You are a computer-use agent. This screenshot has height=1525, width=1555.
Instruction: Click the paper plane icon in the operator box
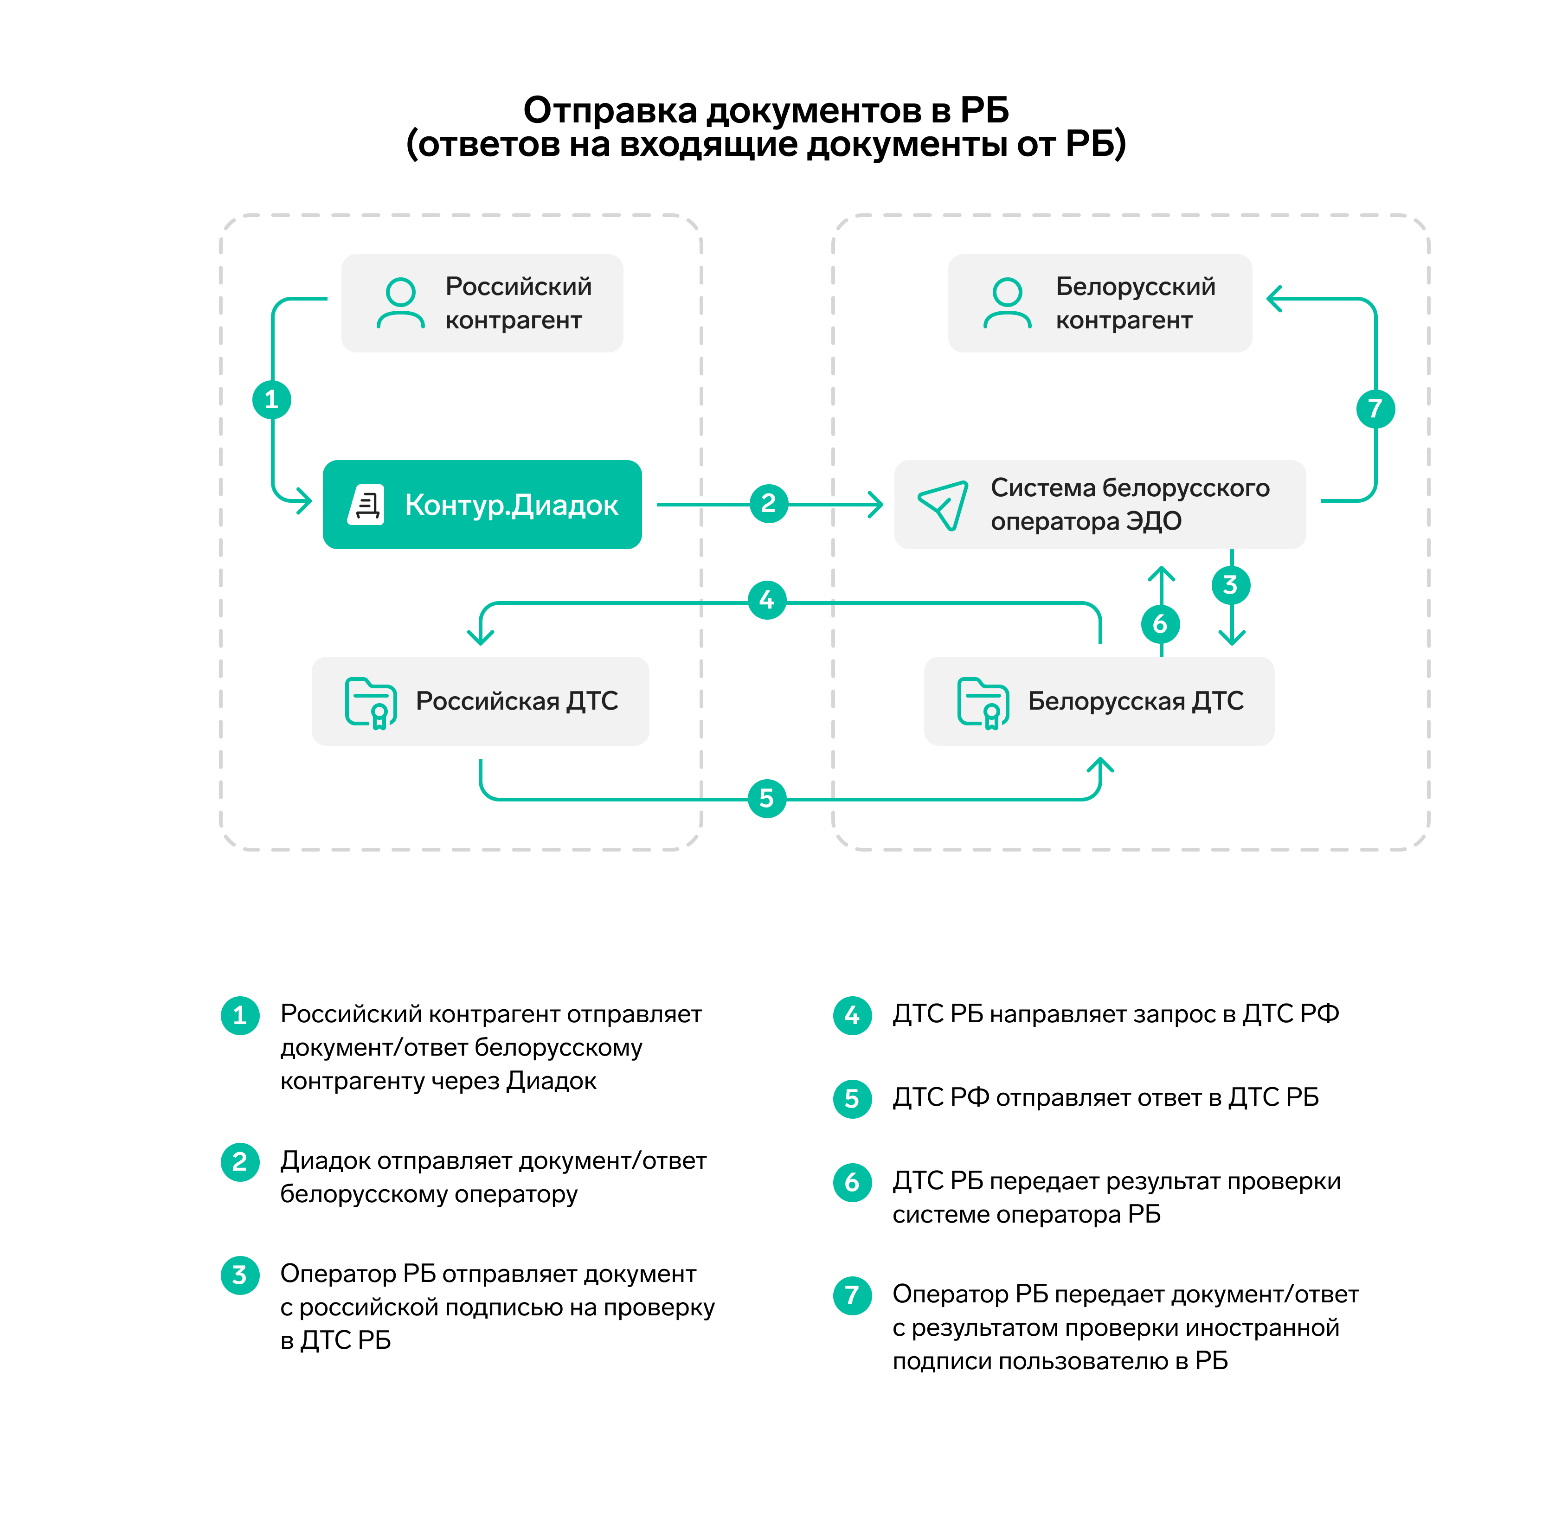click(943, 505)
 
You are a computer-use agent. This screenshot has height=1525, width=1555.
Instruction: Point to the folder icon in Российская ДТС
click(370, 702)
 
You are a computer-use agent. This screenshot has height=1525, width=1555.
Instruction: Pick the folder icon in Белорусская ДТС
click(983, 702)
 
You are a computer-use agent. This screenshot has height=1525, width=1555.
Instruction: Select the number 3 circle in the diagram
click(1231, 585)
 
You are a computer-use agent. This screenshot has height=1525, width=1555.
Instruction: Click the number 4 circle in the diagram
click(767, 599)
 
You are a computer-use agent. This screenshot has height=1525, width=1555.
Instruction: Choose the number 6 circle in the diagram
click(1160, 624)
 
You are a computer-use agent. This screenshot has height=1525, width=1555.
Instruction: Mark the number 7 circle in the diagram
click(1375, 409)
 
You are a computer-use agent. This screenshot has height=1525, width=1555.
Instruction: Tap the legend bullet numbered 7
click(852, 1295)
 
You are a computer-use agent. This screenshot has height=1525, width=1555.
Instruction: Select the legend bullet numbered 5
click(852, 1098)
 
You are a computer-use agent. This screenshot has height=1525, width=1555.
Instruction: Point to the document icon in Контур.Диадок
click(367, 505)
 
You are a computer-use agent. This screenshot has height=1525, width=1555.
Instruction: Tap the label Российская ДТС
click(517, 702)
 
